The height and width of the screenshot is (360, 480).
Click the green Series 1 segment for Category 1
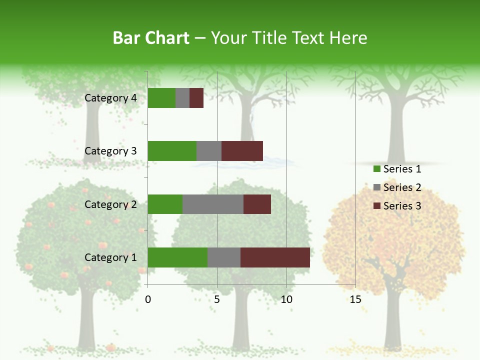coord(177,257)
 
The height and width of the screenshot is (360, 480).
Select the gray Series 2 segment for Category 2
coord(212,204)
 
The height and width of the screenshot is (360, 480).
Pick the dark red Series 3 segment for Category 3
coord(242,151)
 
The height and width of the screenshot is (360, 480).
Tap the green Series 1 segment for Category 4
coord(161,98)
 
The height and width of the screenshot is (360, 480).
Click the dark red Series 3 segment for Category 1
coord(275,257)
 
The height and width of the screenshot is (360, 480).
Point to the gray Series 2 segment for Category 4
coord(182,98)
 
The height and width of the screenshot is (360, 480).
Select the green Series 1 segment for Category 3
coord(172,151)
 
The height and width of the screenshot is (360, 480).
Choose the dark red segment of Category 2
coord(257,204)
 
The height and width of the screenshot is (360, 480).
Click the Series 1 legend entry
coord(397,169)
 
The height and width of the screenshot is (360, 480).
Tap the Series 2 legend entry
coord(397,187)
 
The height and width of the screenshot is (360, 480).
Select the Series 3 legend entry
coord(397,205)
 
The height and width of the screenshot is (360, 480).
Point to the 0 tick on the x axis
coord(148,299)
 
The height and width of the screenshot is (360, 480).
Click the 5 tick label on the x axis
coord(217,299)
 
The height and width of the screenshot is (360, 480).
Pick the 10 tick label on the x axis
coord(286,299)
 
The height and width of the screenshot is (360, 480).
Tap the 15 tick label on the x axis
coord(355,299)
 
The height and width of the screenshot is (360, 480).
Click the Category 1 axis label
coord(110,257)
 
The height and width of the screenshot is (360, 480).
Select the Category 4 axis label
coord(110,98)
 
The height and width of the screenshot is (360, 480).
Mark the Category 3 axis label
coord(110,151)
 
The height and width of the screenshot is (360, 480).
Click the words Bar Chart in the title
coord(151,38)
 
